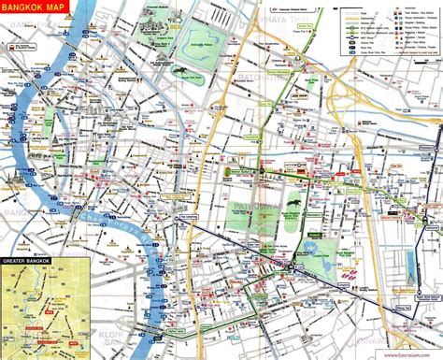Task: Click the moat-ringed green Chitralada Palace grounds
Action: pos(221,50)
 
